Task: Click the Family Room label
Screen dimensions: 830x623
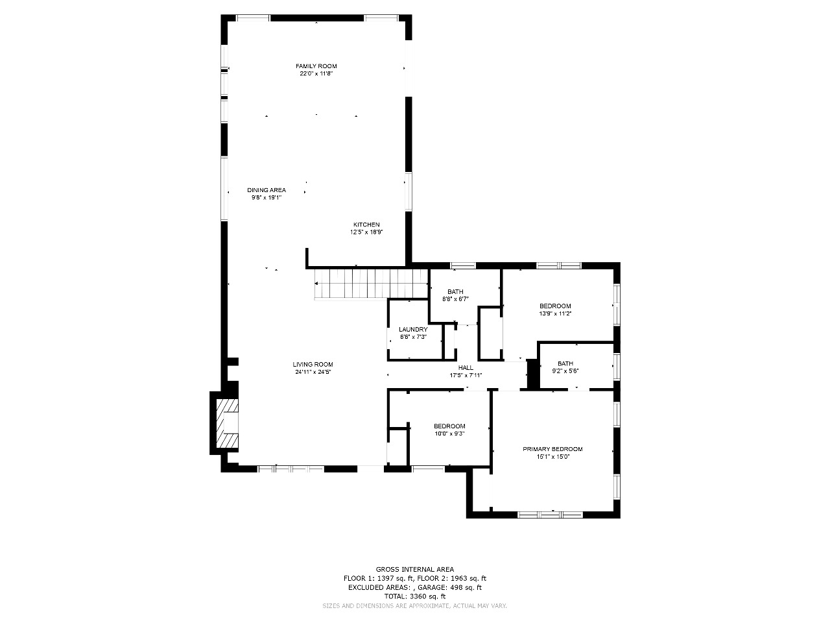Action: point(316,66)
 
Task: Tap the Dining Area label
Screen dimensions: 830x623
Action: point(267,190)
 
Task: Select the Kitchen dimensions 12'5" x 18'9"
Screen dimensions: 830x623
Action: point(366,232)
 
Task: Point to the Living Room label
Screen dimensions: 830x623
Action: point(313,364)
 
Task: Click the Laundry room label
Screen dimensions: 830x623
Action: point(413,330)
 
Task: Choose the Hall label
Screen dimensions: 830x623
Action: point(466,368)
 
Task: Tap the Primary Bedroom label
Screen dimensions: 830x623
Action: point(553,449)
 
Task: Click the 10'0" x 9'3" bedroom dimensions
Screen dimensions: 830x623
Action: point(449,434)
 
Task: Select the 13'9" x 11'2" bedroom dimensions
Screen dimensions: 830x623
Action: point(555,313)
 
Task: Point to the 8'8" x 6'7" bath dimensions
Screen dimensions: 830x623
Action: point(456,299)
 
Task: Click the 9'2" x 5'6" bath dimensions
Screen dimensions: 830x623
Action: point(565,371)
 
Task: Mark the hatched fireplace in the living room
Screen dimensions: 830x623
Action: point(227,423)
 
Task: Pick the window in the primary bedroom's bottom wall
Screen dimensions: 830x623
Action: point(550,515)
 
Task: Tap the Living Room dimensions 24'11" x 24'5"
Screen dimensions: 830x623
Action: point(313,372)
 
